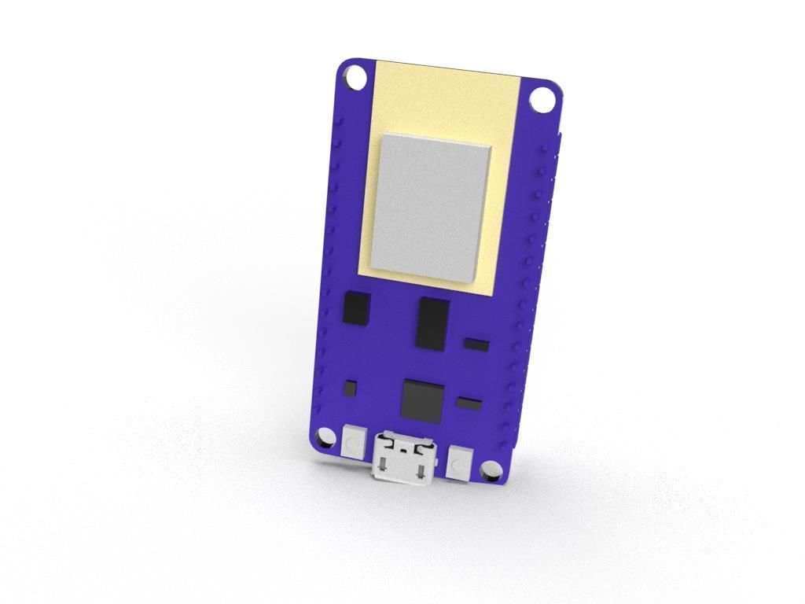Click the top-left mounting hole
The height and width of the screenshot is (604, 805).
click(355, 77)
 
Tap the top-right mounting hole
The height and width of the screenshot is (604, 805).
click(542, 101)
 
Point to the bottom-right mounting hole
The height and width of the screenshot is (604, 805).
click(491, 470)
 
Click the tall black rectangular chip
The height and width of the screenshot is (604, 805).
click(432, 322)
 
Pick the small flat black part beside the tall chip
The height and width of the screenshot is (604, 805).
click(476, 344)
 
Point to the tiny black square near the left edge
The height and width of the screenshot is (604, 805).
click(351, 387)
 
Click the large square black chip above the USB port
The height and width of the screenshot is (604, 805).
click(421, 400)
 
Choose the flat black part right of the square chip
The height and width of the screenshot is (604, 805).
click(469, 404)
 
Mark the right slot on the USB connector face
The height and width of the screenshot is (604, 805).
click(425, 471)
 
